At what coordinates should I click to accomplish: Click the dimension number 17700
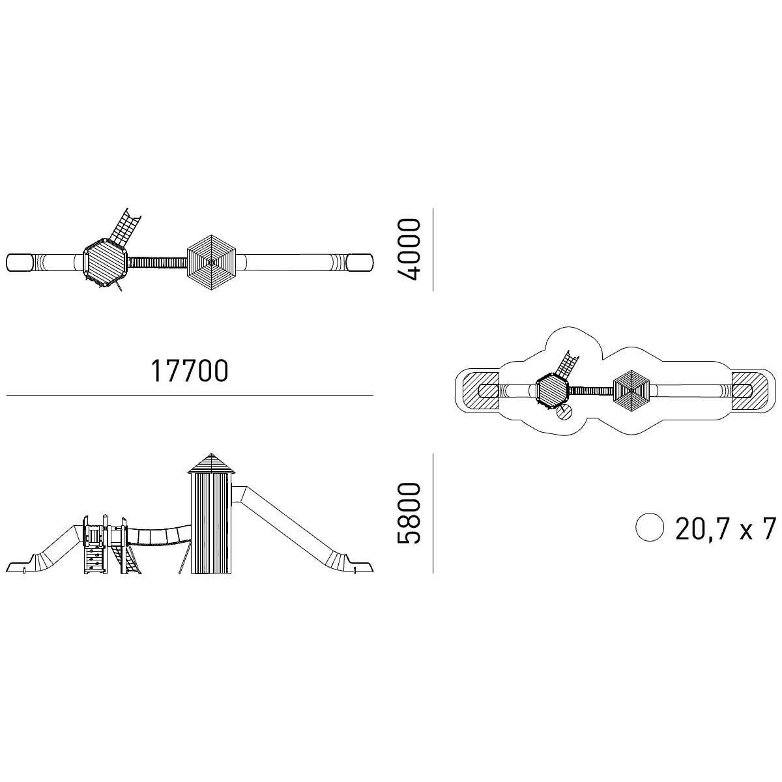pos(190,371)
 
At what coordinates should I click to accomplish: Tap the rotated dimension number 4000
pos(408,250)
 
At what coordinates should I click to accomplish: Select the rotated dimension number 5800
pos(408,513)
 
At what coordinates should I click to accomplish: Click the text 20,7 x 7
pos(725,529)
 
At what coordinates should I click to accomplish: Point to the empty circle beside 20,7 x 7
pos(650,527)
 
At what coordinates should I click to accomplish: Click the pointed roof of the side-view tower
pos(211,463)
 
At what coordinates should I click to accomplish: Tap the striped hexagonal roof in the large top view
pos(211,262)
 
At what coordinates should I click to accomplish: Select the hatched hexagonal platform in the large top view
pos(105,263)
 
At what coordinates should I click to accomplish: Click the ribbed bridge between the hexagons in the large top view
pos(158,262)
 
